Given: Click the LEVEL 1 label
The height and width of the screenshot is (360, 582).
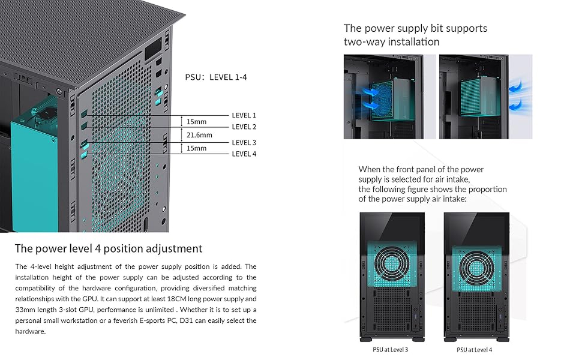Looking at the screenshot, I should tap(244, 115).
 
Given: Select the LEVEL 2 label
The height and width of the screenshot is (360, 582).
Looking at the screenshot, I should tap(244, 127).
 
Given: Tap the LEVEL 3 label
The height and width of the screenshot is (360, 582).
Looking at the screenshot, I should tap(244, 143).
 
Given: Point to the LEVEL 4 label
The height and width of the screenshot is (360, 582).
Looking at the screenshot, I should tap(244, 154).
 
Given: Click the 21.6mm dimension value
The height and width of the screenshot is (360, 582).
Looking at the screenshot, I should tap(199, 135).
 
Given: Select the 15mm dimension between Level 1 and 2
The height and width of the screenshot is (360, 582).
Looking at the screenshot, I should tap(196, 122).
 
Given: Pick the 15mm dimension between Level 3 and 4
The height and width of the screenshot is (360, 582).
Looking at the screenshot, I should tap(196, 148).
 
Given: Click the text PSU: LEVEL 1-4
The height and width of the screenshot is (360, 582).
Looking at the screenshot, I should tap(216, 77).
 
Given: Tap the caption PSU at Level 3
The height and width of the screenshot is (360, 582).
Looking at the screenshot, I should tap(390, 350).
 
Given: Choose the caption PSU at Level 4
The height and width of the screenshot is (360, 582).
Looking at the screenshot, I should tap(474, 350).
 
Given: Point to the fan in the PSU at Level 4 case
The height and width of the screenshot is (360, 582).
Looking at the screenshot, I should tap(476, 267).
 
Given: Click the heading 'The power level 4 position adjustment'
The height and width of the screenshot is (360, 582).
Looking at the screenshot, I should tap(109, 248).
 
